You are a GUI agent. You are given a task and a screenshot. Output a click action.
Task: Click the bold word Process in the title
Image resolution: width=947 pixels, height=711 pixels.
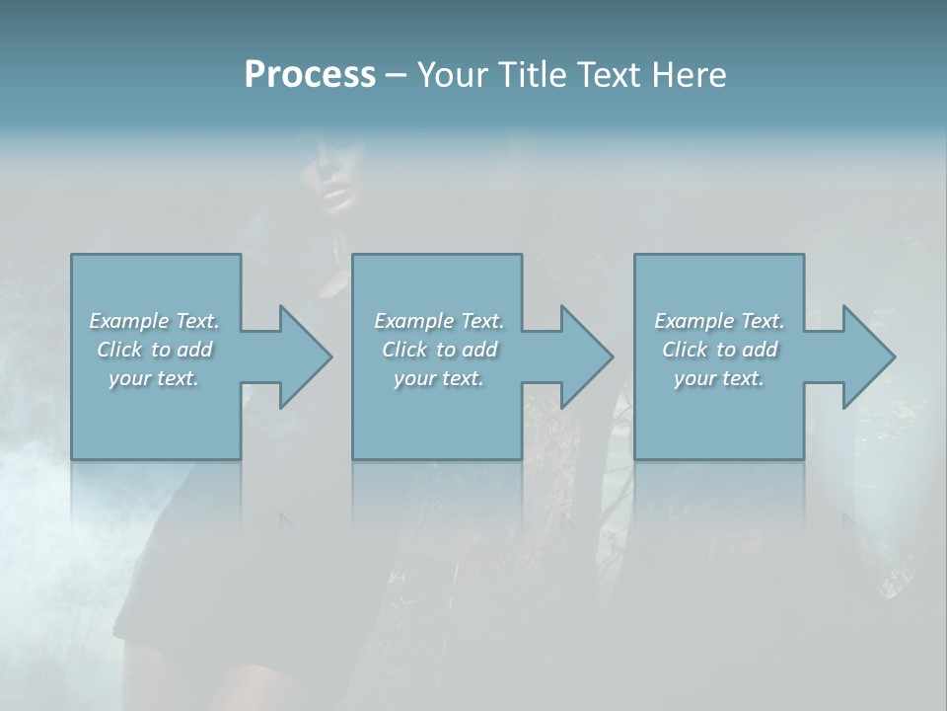coord(310,75)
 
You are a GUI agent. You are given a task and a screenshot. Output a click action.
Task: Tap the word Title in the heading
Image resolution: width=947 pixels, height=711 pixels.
coord(532,75)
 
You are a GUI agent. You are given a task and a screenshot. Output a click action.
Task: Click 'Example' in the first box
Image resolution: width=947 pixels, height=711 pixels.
coord(128,321)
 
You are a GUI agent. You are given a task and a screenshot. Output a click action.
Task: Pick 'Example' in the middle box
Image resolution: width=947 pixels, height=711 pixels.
coord(413,321)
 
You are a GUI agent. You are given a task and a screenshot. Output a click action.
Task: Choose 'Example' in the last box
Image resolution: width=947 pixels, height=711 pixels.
coord(693,321)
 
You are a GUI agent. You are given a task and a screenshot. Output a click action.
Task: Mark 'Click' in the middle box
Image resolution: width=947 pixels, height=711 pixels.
coord(404,350)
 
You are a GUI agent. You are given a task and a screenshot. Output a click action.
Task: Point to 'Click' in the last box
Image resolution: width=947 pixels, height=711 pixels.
coord(685,350)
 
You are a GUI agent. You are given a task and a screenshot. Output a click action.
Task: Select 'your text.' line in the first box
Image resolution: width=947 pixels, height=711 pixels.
coord(154,378)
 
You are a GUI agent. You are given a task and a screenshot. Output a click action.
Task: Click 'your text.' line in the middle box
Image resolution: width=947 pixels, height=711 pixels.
coord(439,378)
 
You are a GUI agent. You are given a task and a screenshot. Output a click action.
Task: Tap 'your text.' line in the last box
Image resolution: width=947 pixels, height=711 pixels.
coord(719,378)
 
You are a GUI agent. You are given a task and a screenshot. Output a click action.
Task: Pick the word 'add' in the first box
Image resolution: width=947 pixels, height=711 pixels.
coord(195,350)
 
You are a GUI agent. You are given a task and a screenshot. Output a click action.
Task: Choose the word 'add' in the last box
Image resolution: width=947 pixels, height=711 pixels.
coord(761,350)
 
